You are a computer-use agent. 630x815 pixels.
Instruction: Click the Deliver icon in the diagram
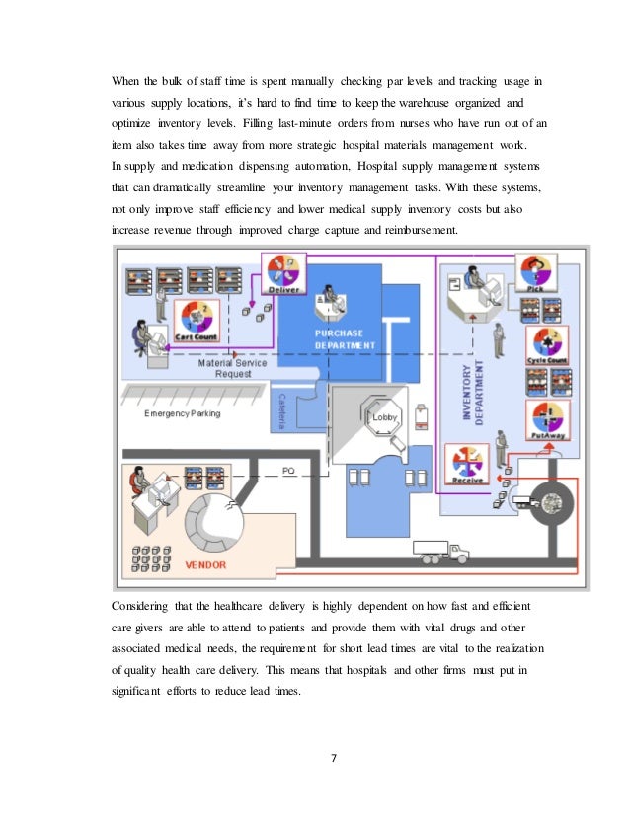(x=287, y=277)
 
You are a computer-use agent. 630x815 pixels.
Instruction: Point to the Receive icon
(x=467, y=465)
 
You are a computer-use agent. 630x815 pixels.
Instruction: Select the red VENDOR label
(x=206, y=566)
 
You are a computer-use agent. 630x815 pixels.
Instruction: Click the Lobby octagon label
(x=384, y=418)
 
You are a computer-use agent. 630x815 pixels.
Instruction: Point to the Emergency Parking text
(x=183, y=413)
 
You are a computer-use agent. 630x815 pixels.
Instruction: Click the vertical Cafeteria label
(x=280, y=408)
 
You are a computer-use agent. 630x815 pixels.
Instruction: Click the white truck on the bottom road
(x=436, y=550)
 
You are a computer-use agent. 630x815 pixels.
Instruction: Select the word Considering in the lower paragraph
(x=142, y=603)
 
